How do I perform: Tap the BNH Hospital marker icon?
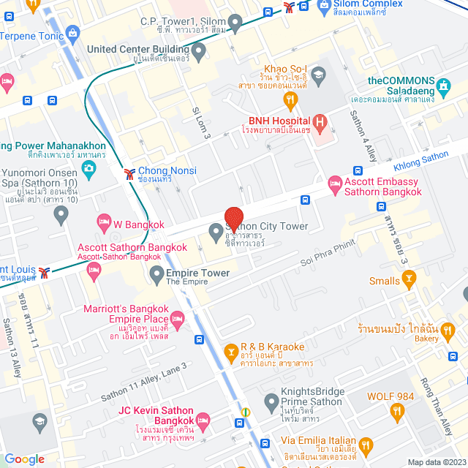[x=319, y=121]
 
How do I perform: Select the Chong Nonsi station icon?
[x=129, y=173]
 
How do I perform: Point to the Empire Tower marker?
[x=156, y=275]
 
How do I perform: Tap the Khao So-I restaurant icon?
[x=290, y=99]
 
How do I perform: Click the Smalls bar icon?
[x=409, y=280]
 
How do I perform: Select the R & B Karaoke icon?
[x=231, y=354]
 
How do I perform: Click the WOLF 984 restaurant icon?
[x=397, y=413]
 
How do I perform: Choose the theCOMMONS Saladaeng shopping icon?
[x=443, y=88]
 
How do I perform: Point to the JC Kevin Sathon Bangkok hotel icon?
[x=203, y=420]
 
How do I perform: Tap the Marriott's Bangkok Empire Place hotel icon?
[x=176, y=317]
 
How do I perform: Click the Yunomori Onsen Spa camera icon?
[x=89, y=170]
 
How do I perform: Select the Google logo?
[x=24, y=458]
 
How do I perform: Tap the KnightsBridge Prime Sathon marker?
[x=271, y=401]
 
